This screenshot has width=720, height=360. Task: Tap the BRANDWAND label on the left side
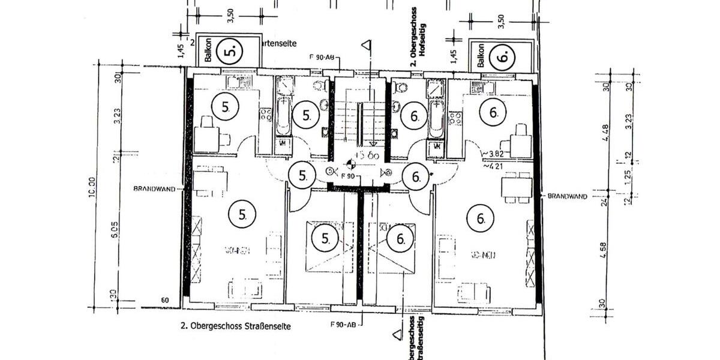[x=154, y=188]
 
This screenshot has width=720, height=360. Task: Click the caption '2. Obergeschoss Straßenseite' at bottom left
[x=236, y=327]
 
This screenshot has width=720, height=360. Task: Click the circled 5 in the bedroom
[x=326, y=239]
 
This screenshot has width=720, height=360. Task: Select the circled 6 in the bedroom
[x=401, y=239]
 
